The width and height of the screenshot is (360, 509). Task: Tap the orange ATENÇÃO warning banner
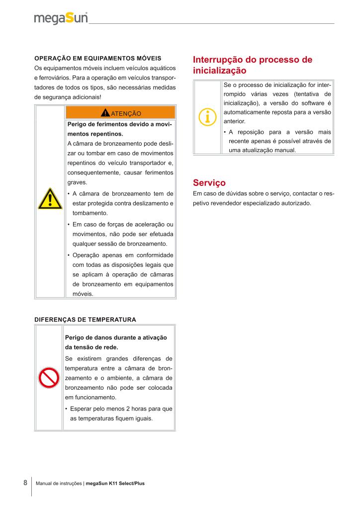click(x=120, y=113)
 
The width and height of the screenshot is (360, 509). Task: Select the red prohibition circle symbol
click(x=50, y=379)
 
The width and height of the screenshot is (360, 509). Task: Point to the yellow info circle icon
click(x=207, y=117)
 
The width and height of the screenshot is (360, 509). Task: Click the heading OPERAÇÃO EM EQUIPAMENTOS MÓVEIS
click(x=97, y=58)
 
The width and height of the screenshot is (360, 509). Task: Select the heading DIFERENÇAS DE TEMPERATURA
click(x=85, y=319)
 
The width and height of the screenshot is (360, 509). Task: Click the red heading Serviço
click(x=209, y=182)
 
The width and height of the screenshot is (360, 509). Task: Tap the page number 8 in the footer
click(x=25, y=483)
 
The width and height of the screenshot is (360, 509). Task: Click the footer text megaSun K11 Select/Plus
click(x=115, y=483)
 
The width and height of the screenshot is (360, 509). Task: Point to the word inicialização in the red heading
click(x=219, y=71)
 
